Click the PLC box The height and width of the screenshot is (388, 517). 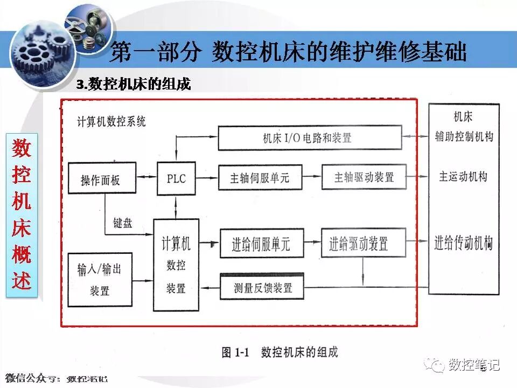pyautogui.click(x=176, y=177)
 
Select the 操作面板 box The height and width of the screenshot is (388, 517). pyautogui.click(x=100, y=179)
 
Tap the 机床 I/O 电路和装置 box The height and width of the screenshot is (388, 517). pyautogui.click(x=310, y=137)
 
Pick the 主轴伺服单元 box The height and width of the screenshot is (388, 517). pyautogui.click(x=260, y=177)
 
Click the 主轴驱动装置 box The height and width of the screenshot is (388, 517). pyautogui.click(x=364, y=177)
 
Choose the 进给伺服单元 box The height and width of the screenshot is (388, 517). pyautogui.click(x=261, y=244)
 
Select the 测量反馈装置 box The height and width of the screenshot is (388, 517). pyautogui.click(x=263, y=287)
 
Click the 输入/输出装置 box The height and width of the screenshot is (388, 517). pyautogui.click(x=99, y=280)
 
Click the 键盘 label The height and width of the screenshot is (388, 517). pyautogui.click(x=123, y=223)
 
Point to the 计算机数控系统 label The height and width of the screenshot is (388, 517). pyautogui.click(x=111, y=122)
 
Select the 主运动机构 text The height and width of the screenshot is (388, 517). pyautogui.click(x=463, y=177)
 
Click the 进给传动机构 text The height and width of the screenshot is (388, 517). pyautogui.click(x=463, y=244)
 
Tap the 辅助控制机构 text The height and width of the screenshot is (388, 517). pyautogui.click(x=463, y=137)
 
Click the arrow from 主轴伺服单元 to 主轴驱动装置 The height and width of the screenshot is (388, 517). pyautogui.click(x=313, y=177)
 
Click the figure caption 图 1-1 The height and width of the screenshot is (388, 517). pyautogui.click(x=280, y=353)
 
